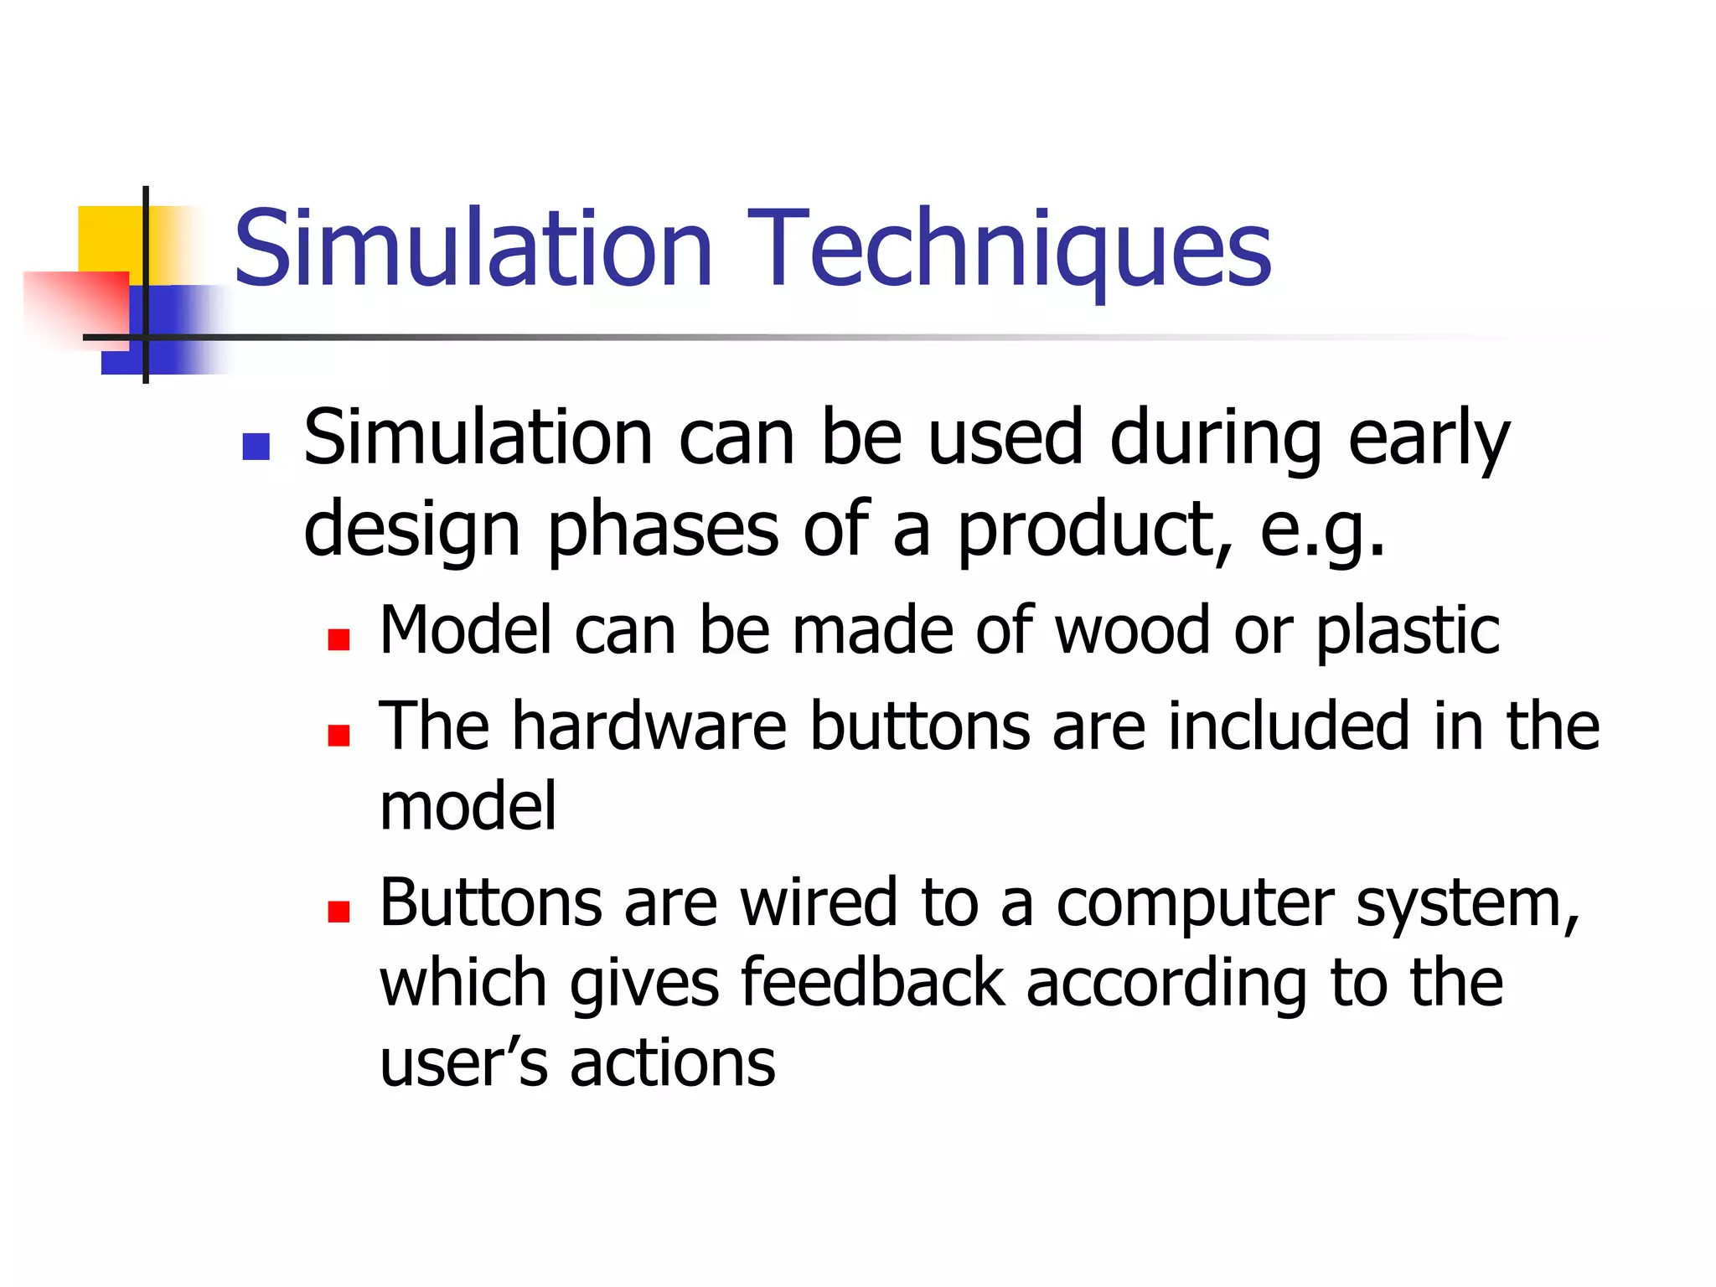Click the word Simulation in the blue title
pos(473,249)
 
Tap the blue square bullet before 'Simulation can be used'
pos(256,447)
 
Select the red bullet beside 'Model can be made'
pos(339,640)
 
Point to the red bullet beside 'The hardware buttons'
pos(339,735)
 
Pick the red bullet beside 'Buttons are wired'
pos(339,912)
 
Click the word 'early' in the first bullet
pos(1428,439)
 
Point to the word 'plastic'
pos(1408,630)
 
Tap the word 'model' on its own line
pos(468,806)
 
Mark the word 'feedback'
pos(872,983)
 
